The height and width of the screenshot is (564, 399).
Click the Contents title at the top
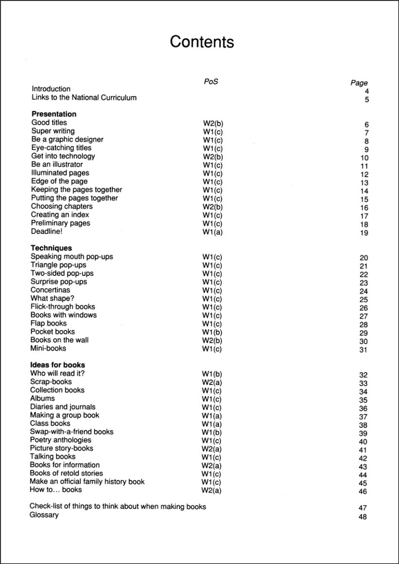[x=201, y=42]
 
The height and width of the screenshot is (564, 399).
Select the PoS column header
[x=211, y=81]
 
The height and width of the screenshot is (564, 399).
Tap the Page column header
[x=359, y=83]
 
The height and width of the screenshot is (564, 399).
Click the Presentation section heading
[x=54, y=114]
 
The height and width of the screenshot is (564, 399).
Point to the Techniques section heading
[x=51, y=248]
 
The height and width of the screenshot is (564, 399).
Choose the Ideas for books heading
[x=57, y=365]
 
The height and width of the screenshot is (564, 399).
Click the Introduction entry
[x=51, y=89]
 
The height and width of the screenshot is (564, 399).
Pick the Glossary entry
[x=44, y=515]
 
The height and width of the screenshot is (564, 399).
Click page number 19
[x=364, y=233]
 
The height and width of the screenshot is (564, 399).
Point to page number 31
[x=363, y=350]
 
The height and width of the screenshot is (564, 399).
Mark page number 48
[x=363, y=516]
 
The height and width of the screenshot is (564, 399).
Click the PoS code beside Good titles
[x=213, y=123]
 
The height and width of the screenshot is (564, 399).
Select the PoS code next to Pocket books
[x=212, y=332]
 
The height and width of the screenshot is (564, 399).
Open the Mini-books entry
[x=48, y=348]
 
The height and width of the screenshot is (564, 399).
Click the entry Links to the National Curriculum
[x=84, y=97]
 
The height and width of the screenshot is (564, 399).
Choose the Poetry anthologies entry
[x=60, y=440]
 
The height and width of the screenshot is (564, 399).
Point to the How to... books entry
[x=56, y=490]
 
